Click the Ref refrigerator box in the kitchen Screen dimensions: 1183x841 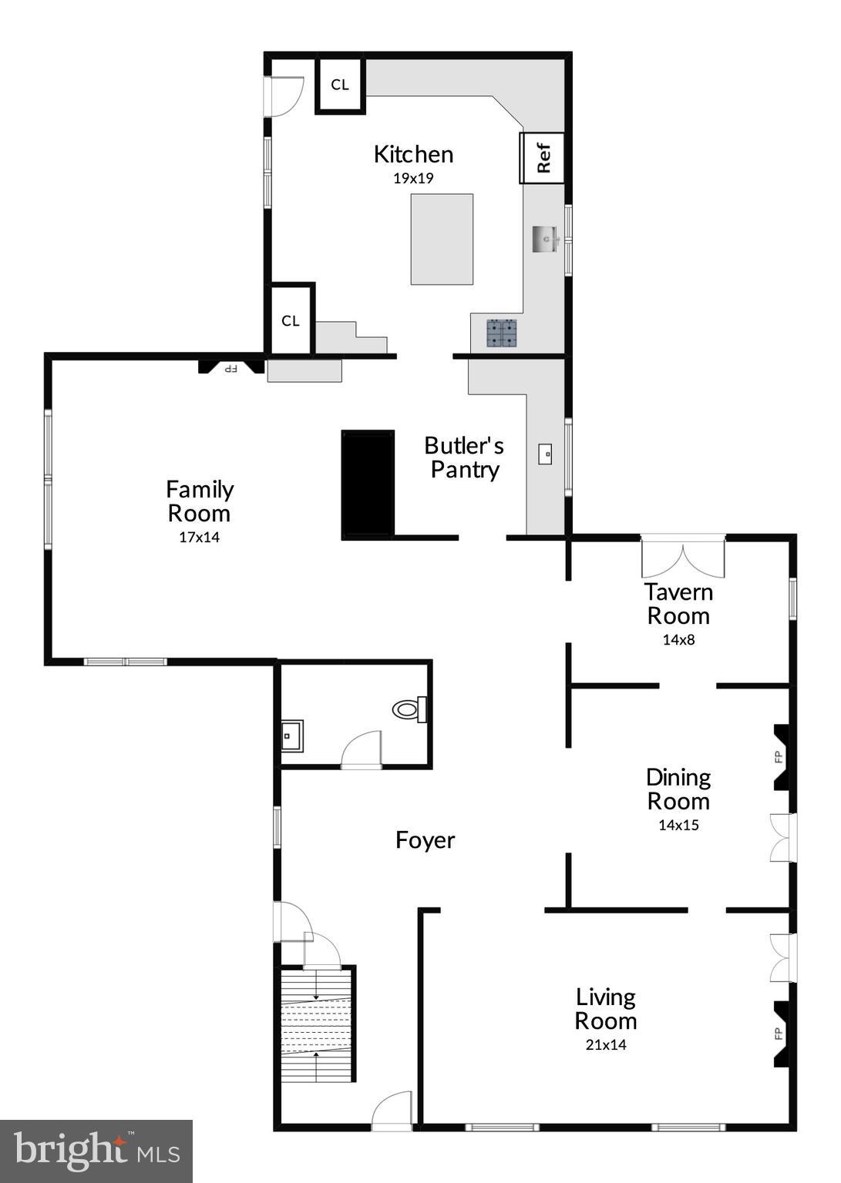(543, 158)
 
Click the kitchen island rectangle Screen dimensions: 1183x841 (442, 240)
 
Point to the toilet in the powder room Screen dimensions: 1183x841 (409, 709)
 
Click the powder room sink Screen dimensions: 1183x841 (291, 736)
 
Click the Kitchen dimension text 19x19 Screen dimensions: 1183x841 (413, 178)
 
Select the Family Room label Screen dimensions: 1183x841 (200, 501)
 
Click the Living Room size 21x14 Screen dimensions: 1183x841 (605, 1045)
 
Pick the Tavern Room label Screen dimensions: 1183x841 (678, 604)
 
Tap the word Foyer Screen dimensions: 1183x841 (425, 839)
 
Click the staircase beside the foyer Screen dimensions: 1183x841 (317, 1024)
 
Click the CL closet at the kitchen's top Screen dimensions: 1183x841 (340, 85)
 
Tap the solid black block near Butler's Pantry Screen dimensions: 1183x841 (368, 484)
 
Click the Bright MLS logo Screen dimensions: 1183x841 (96, 1151)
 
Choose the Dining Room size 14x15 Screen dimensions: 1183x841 (678, 825)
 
